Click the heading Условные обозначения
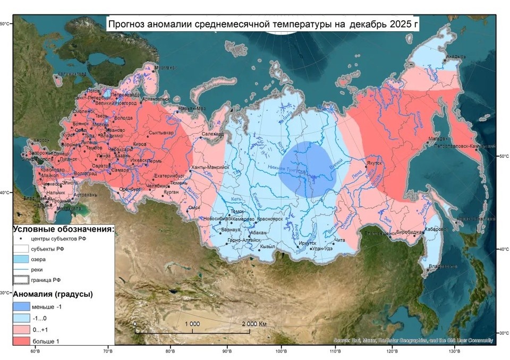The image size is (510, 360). (x=63, y=229)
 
